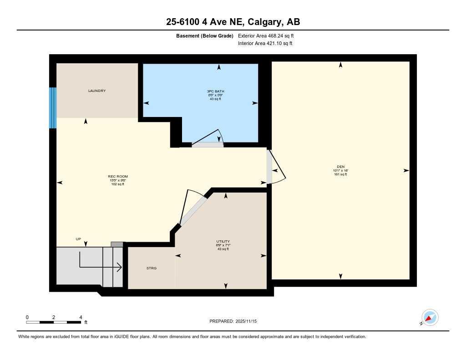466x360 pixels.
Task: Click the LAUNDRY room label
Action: click(x=97, y=91)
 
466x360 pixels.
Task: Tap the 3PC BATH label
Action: click(x=215, y=91)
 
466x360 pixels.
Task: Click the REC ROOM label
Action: click(x=117, y=177)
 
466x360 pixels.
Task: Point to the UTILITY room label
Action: click(x=223, y=241)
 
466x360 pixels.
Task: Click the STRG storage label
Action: click(x=152, y=269)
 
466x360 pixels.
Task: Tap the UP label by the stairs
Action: click(x=78, y=239)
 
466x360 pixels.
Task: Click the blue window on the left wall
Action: click(x=53, y=108)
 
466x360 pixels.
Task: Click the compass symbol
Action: click(x=429, y=318)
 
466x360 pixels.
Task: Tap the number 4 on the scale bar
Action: click(x=81, y=317)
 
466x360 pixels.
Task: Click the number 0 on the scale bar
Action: click(x=27, y=317)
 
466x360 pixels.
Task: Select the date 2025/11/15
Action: click(x=249, y=321)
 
